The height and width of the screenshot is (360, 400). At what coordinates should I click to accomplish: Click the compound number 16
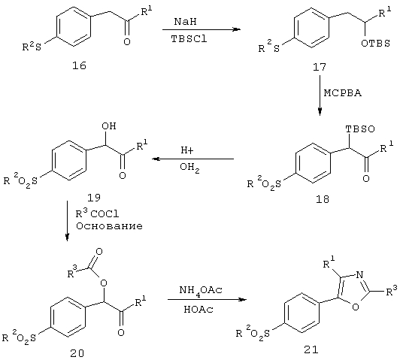[79, 66]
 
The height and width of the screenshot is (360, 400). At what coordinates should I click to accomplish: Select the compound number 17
[320, 67]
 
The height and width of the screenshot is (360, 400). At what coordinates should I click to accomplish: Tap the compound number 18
[323, 199]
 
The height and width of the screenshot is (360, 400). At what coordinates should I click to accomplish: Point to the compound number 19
[94, 198]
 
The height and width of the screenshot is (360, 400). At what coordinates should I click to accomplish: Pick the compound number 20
[77, 353]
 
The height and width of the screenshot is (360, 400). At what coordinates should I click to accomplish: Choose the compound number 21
[311, 349]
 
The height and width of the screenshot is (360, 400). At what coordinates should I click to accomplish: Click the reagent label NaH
[186, 22]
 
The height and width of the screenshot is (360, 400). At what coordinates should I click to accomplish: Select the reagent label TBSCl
[189, 39]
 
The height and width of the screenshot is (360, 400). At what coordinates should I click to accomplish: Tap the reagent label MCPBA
[343, 93]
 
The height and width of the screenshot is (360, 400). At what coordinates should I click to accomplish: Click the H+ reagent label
[187, 150]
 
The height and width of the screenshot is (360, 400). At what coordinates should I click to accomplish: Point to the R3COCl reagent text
[97, 213]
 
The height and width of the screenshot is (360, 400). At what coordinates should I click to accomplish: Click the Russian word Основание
[109, 226]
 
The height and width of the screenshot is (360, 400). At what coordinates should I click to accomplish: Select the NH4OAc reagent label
[201, 291]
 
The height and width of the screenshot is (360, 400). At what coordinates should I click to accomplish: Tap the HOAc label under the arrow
[198, 309]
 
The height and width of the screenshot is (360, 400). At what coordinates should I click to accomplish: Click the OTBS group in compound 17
[375, 44]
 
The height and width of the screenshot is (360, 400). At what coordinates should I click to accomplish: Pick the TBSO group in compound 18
[360, 129]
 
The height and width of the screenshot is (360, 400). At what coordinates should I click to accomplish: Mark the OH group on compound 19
[109, 126]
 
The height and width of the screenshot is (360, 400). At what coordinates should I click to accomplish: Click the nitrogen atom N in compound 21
[359, 275]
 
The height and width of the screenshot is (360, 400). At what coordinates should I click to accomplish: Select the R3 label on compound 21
[392, 290]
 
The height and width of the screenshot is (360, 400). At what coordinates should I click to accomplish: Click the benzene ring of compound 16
[74, 26]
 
